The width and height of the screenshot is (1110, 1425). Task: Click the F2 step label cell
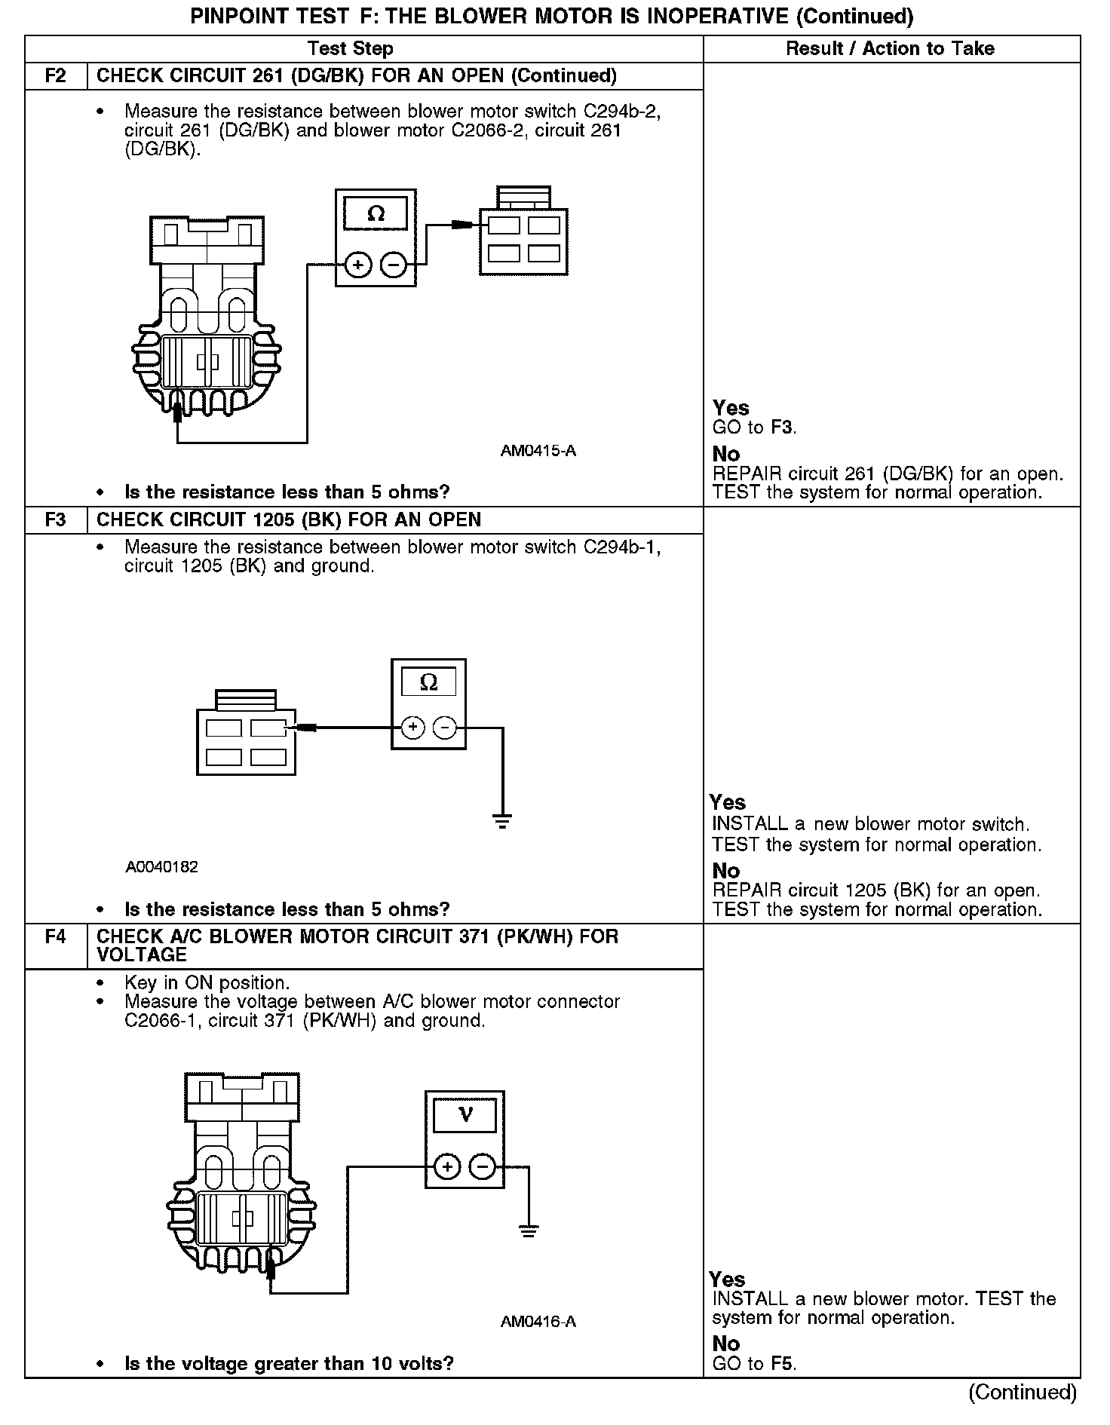56,76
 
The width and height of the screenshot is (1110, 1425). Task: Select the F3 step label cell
56,520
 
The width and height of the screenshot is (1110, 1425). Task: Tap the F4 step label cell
56,937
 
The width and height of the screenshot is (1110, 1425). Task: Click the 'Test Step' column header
351,49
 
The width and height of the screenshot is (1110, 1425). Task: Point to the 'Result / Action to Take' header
890,49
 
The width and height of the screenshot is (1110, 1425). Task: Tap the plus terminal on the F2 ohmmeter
358,265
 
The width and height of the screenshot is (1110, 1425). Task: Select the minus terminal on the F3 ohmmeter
446,728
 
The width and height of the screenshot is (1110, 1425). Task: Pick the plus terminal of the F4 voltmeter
448,1167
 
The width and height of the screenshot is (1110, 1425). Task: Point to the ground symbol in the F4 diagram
529,1231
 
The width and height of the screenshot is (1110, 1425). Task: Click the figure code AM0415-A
538,451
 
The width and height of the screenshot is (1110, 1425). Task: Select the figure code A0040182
162,867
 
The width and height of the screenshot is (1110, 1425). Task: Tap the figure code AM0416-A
538,1322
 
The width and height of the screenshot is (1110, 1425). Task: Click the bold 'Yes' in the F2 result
731,408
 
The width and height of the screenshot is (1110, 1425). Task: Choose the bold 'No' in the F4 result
726,1344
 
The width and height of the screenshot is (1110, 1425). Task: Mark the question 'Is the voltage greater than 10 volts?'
289,1363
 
